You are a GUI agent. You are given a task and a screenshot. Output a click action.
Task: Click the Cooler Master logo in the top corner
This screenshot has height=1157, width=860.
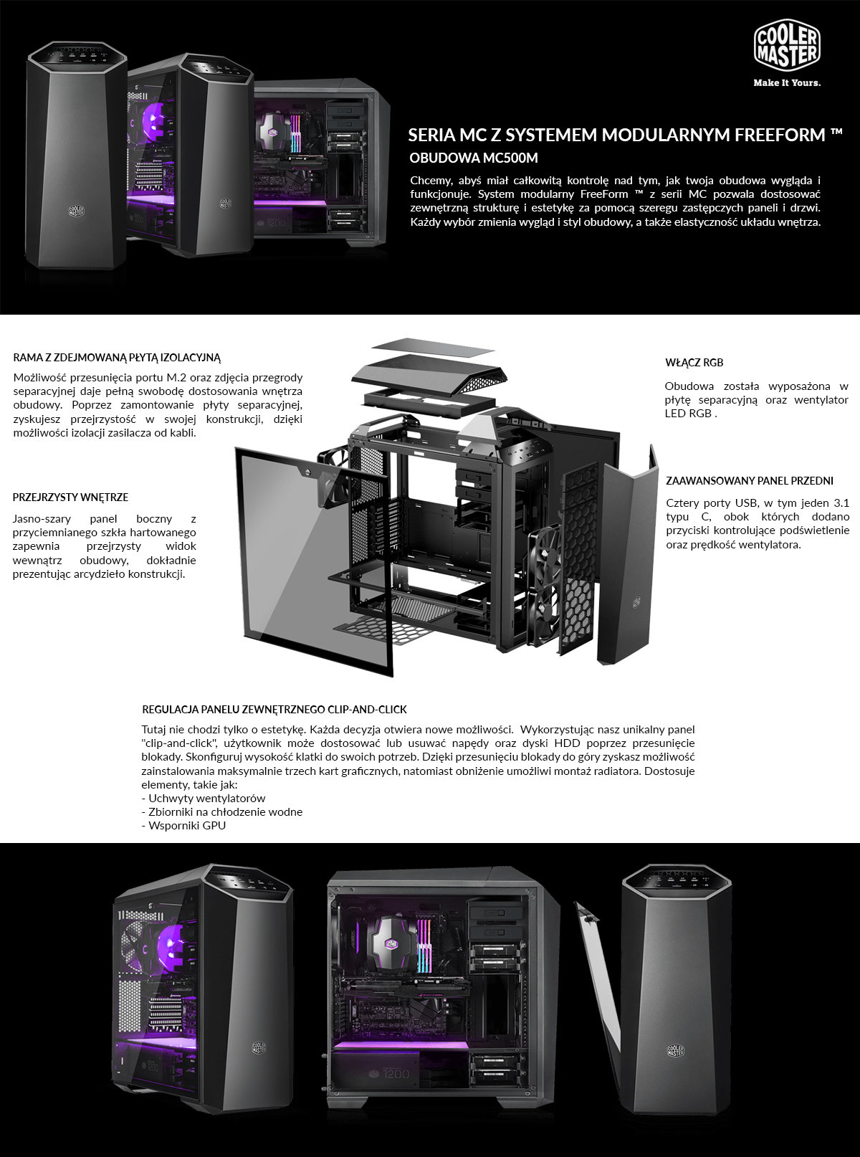click(787, 47)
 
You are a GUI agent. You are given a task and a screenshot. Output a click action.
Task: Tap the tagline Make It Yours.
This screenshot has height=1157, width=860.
click(787, 82)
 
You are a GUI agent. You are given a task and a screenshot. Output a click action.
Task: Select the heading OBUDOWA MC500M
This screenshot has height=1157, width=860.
click(474, 158)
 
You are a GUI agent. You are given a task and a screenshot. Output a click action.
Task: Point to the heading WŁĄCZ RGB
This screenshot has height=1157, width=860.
click(694, 363)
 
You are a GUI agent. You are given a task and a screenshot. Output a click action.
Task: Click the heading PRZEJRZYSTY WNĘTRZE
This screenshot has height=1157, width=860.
click(70, 497)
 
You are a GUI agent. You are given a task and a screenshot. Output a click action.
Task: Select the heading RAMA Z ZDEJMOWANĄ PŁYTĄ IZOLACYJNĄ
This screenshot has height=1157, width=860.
click(117, 358)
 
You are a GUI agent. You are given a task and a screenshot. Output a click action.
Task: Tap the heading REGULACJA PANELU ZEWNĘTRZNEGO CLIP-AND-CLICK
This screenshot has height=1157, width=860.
click(274, 710)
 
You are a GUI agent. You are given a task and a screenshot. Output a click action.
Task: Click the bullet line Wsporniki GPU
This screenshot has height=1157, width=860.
click(183, 825)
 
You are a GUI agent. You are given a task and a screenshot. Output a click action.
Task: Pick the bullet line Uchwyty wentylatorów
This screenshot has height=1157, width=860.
click(204, 798)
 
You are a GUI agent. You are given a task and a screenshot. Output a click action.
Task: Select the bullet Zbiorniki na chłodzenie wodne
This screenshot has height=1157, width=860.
click(221, 811)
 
